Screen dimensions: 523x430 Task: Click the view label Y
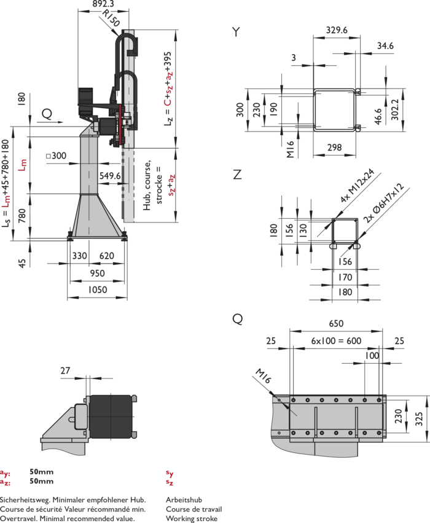click(237, 31)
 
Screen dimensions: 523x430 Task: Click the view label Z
click(237, 175)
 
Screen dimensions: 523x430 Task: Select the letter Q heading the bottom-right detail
click(237, 319)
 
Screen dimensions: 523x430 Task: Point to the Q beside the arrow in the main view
click(47, 113)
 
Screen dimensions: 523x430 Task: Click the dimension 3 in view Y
click(294, 57)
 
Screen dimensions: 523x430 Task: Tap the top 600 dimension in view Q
click(336, 324)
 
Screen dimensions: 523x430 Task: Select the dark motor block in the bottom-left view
click(111, 417)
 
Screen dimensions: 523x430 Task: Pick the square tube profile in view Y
click(335, 111)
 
